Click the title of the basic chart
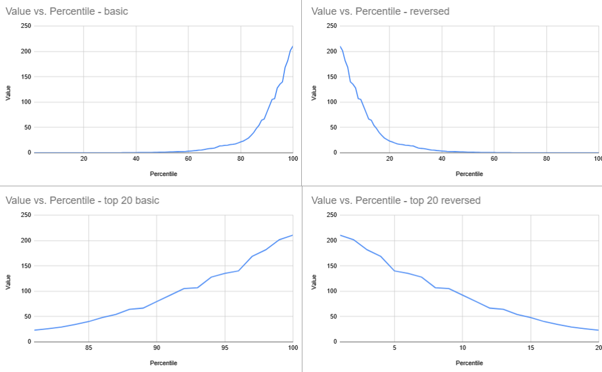(67, 11)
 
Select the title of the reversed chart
(381, 11)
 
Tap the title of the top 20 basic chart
(82, 200)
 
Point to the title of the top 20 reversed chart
(396, 200)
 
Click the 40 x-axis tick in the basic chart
(136, 159)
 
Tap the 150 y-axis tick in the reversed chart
(332, 76)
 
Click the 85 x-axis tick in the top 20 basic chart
(88, 348)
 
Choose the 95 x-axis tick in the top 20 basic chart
(225, 348)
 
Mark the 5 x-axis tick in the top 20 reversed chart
(394, 348)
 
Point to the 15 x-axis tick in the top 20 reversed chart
(531, 348)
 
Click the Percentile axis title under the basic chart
(163, 174)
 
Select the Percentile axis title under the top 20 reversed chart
(469, 363)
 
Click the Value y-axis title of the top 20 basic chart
(8, 281)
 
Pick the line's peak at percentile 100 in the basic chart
(293, 46)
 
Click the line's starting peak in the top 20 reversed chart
(340, 235)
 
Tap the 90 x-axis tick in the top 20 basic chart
(157, 348)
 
